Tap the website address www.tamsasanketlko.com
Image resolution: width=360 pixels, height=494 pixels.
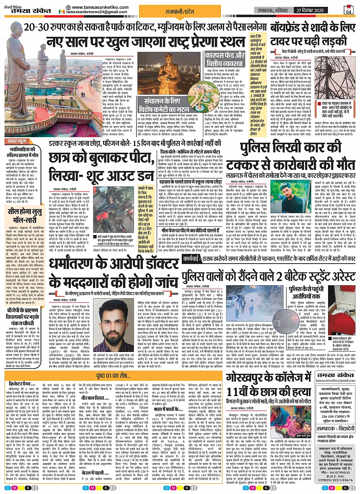point(96,7)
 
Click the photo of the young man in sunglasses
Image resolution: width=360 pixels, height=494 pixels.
point(286,197)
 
